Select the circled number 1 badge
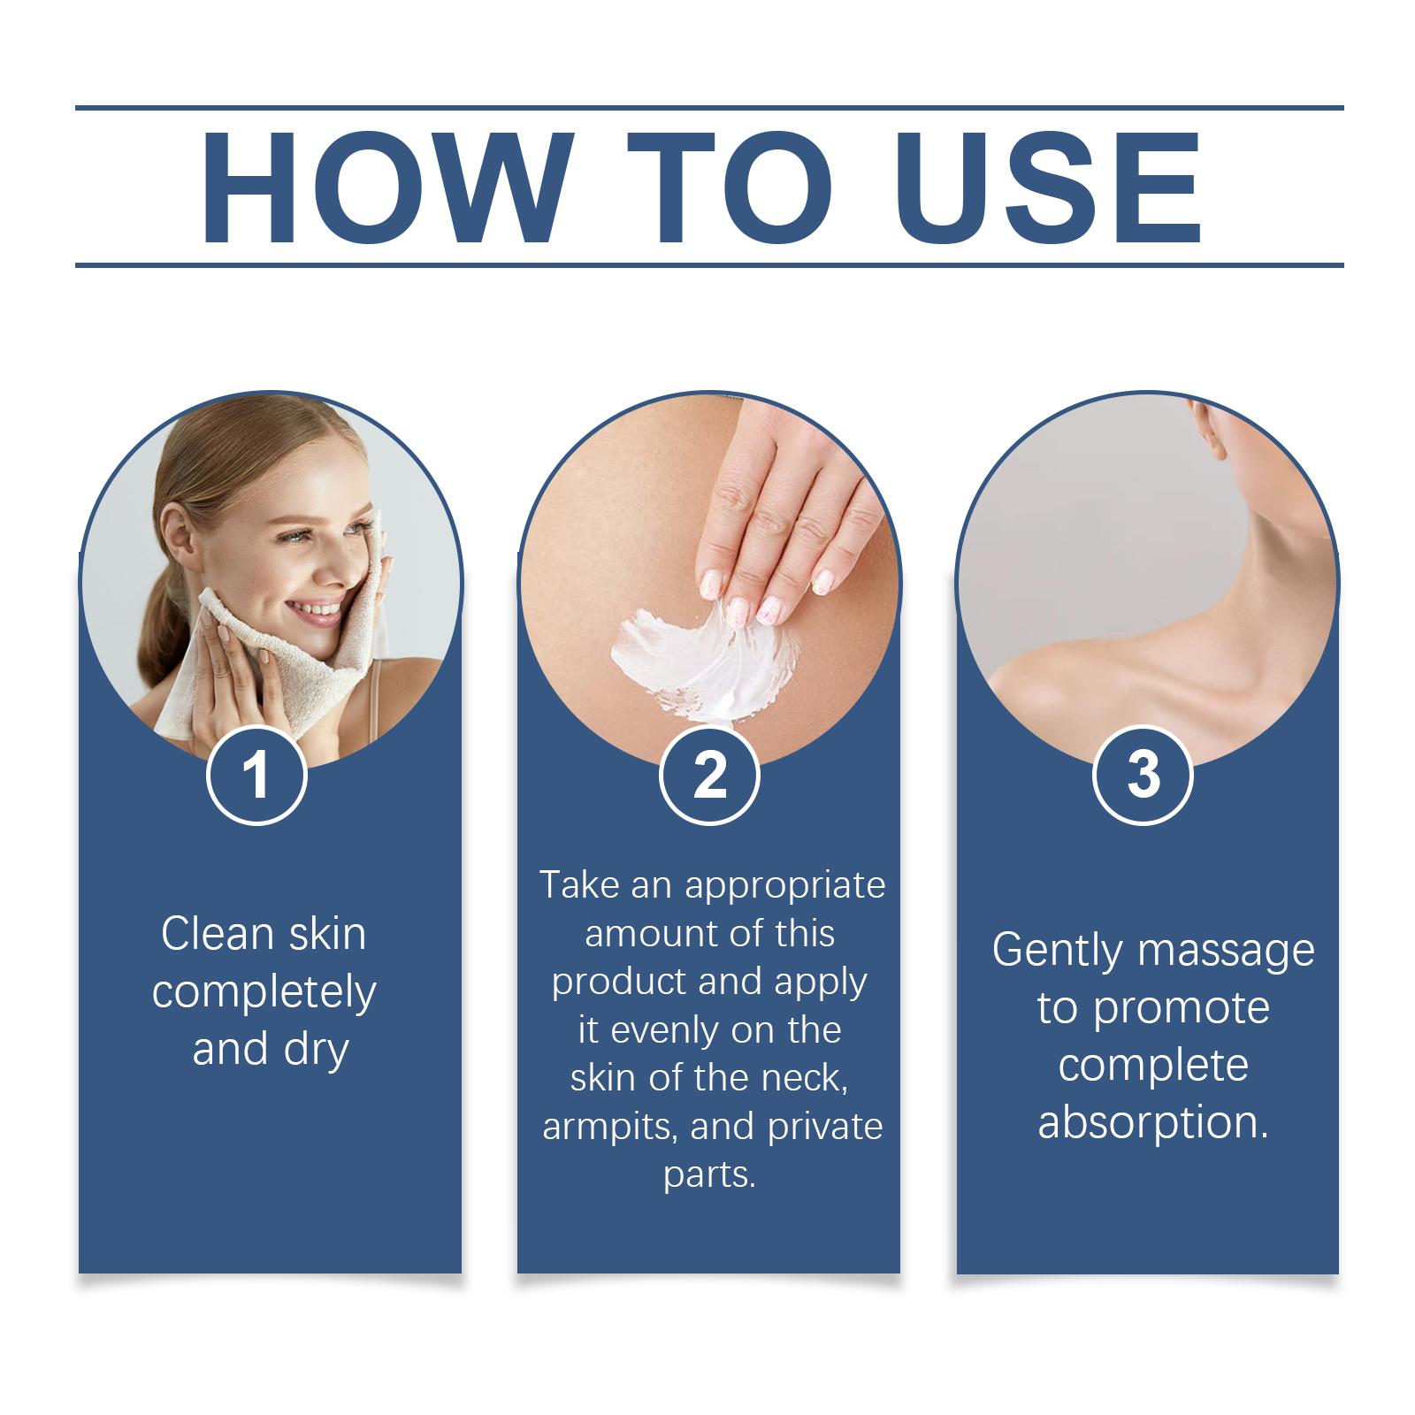coord(256,776)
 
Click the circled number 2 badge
coord(709,776)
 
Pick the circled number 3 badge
coord(1143,776)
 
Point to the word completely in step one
coord(264,993)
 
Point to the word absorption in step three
coord(1152,1122)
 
